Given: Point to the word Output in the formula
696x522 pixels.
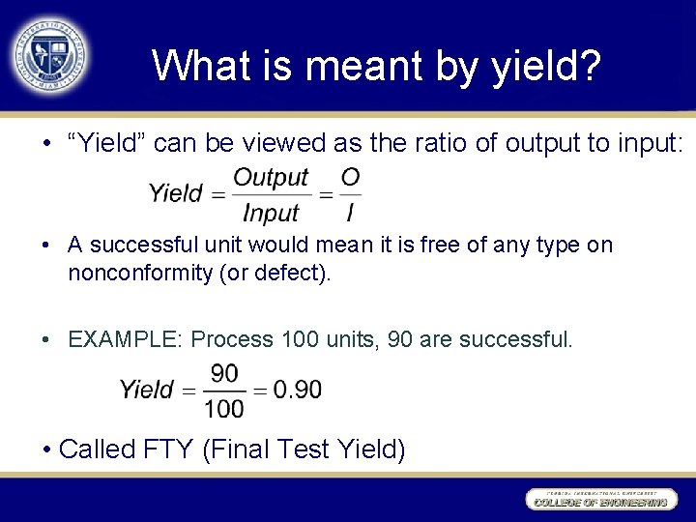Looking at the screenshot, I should point(271,178).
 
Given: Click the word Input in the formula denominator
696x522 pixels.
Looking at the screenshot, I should point(271,212).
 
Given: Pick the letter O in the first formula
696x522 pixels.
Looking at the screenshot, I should point(350,178).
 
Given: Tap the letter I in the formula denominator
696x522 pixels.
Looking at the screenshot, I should point(349,212).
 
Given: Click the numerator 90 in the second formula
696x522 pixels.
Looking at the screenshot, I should point(224,373).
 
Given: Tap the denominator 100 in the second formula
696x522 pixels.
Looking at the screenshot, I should point(224,408).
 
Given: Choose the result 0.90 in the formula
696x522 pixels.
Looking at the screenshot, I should point(298,390).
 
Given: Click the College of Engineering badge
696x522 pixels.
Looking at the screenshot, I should point(598,500).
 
